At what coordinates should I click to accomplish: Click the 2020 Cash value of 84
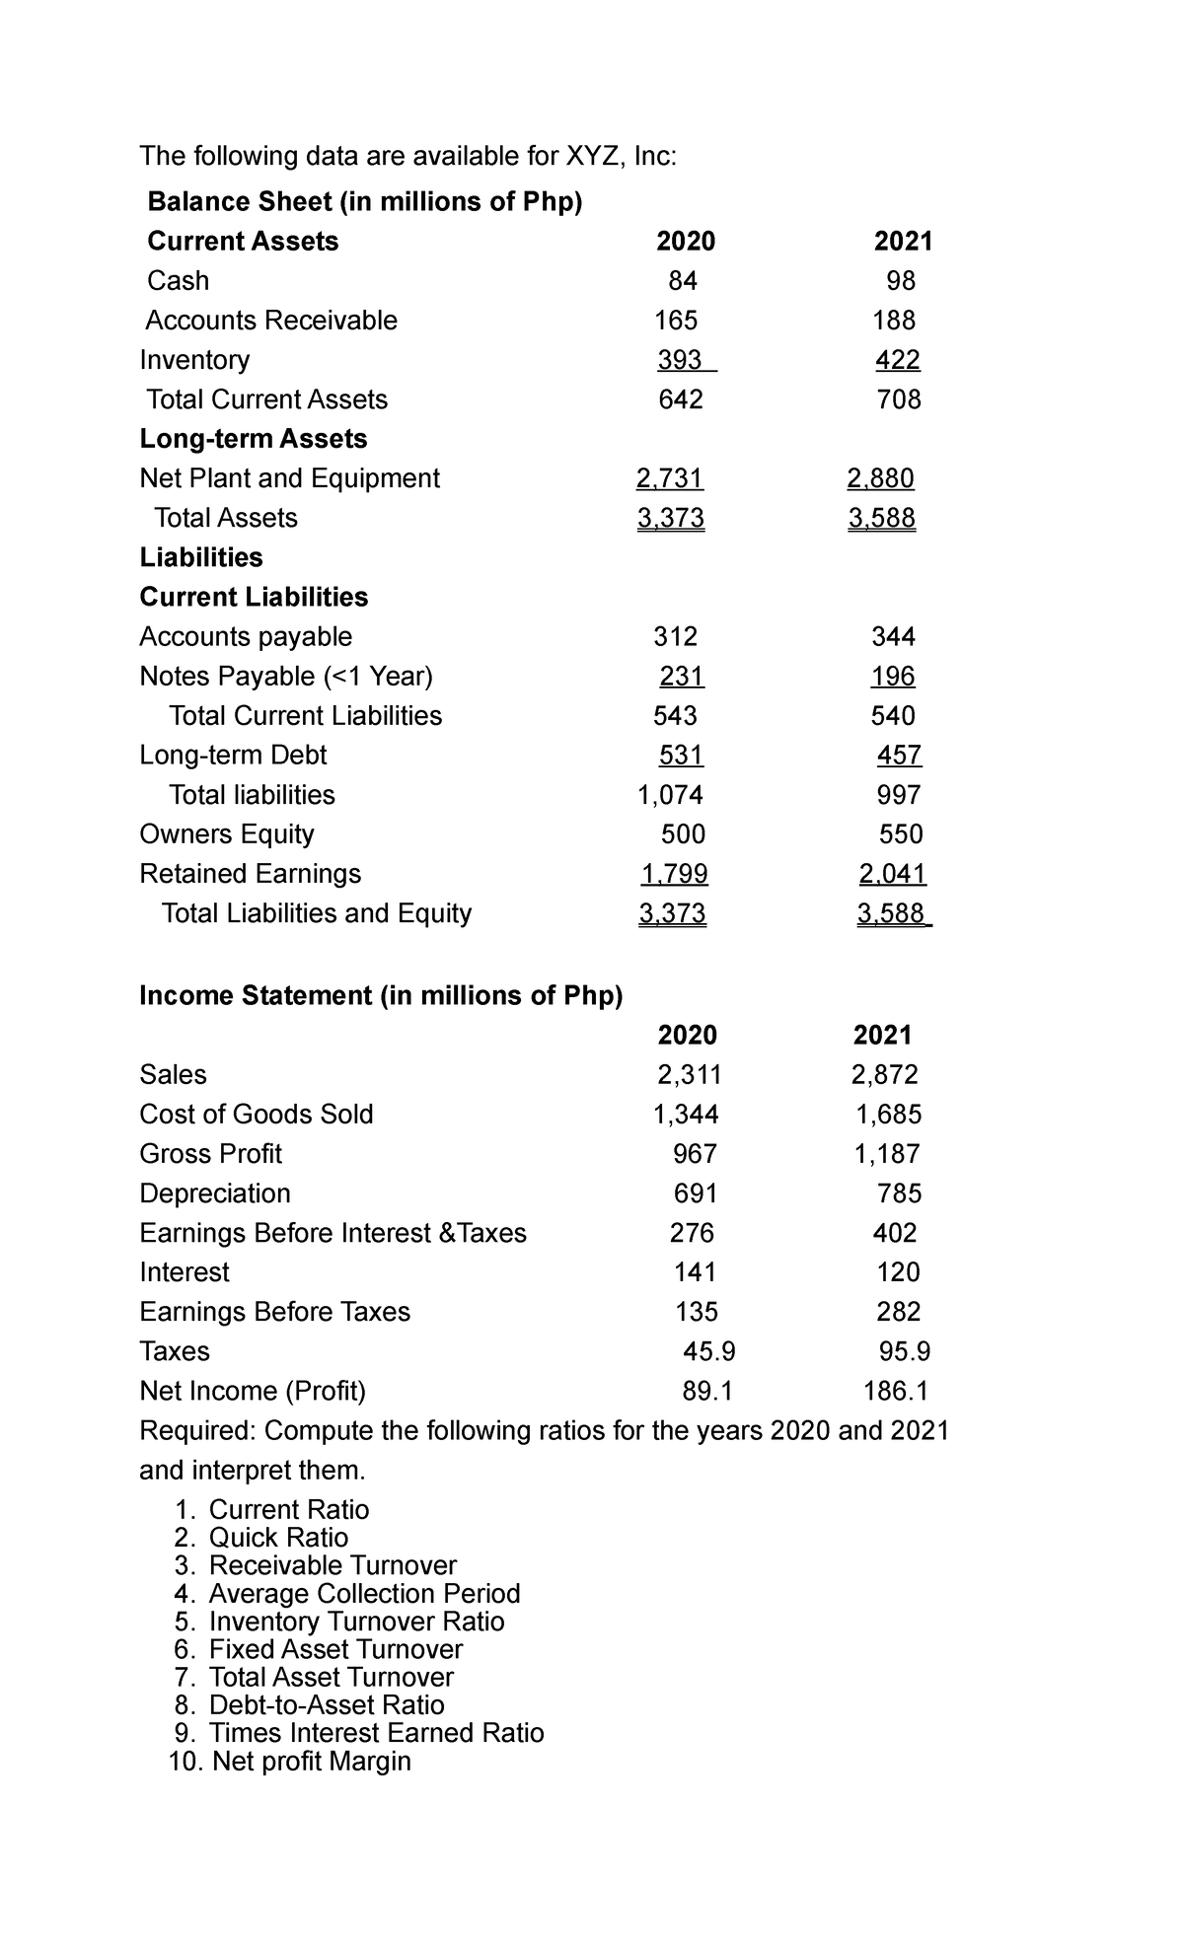(x=682, y=281)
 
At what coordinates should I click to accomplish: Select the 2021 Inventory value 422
(x=897, y=360)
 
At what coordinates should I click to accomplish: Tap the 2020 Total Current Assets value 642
(x=680, y=399)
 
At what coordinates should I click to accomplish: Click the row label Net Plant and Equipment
(x=289, y=478)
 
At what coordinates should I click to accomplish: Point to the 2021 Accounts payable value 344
(x=893, y=636)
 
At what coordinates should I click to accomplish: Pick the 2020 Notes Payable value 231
(x=681, y=676)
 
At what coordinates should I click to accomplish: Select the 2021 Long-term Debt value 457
(x=899, y=755)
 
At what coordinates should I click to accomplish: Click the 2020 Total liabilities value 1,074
(x=671, y=794)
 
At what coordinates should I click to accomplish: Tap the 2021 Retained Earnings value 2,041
(x=892, y=873)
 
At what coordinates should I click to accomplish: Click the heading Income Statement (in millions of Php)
(x=381, y=995)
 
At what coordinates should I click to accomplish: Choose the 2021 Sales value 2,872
(x=885, y=1074)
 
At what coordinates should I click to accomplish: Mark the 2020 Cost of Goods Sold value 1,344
(x=686, y=1114)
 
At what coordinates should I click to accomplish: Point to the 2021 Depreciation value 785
(x=899, y=1193)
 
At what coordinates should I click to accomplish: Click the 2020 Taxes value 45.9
(x=708, y=1350)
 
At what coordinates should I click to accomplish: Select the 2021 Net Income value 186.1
(x=895, y=1391)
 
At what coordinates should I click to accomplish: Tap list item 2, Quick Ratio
(x=278, y=1538)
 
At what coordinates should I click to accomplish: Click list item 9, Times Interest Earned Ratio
(x=376, y=1733)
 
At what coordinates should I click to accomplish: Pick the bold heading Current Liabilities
(x=254, y=597)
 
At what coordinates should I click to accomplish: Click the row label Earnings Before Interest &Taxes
(x=333, y=1233)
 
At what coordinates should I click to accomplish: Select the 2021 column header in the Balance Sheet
(x=903, y=242)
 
